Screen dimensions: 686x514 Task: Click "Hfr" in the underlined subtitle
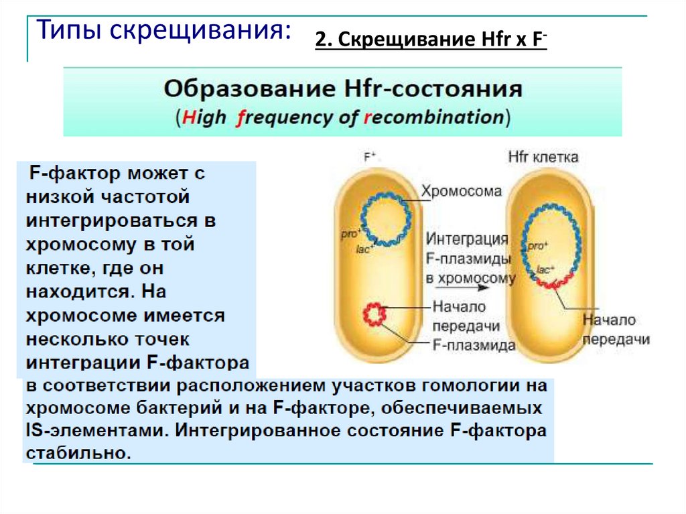(477, 40)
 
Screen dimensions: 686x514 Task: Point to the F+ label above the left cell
(370, 158)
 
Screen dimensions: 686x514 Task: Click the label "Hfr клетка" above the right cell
(543, 157)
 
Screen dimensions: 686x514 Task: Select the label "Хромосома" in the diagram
(461, 192)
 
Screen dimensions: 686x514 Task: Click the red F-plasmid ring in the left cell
(376, 314)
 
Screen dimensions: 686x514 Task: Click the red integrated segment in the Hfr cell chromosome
(555, 281)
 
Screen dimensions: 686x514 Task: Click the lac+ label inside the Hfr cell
(544, 269)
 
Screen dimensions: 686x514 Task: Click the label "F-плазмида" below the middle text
(473, 346)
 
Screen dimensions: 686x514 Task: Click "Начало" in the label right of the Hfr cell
(609, 320)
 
